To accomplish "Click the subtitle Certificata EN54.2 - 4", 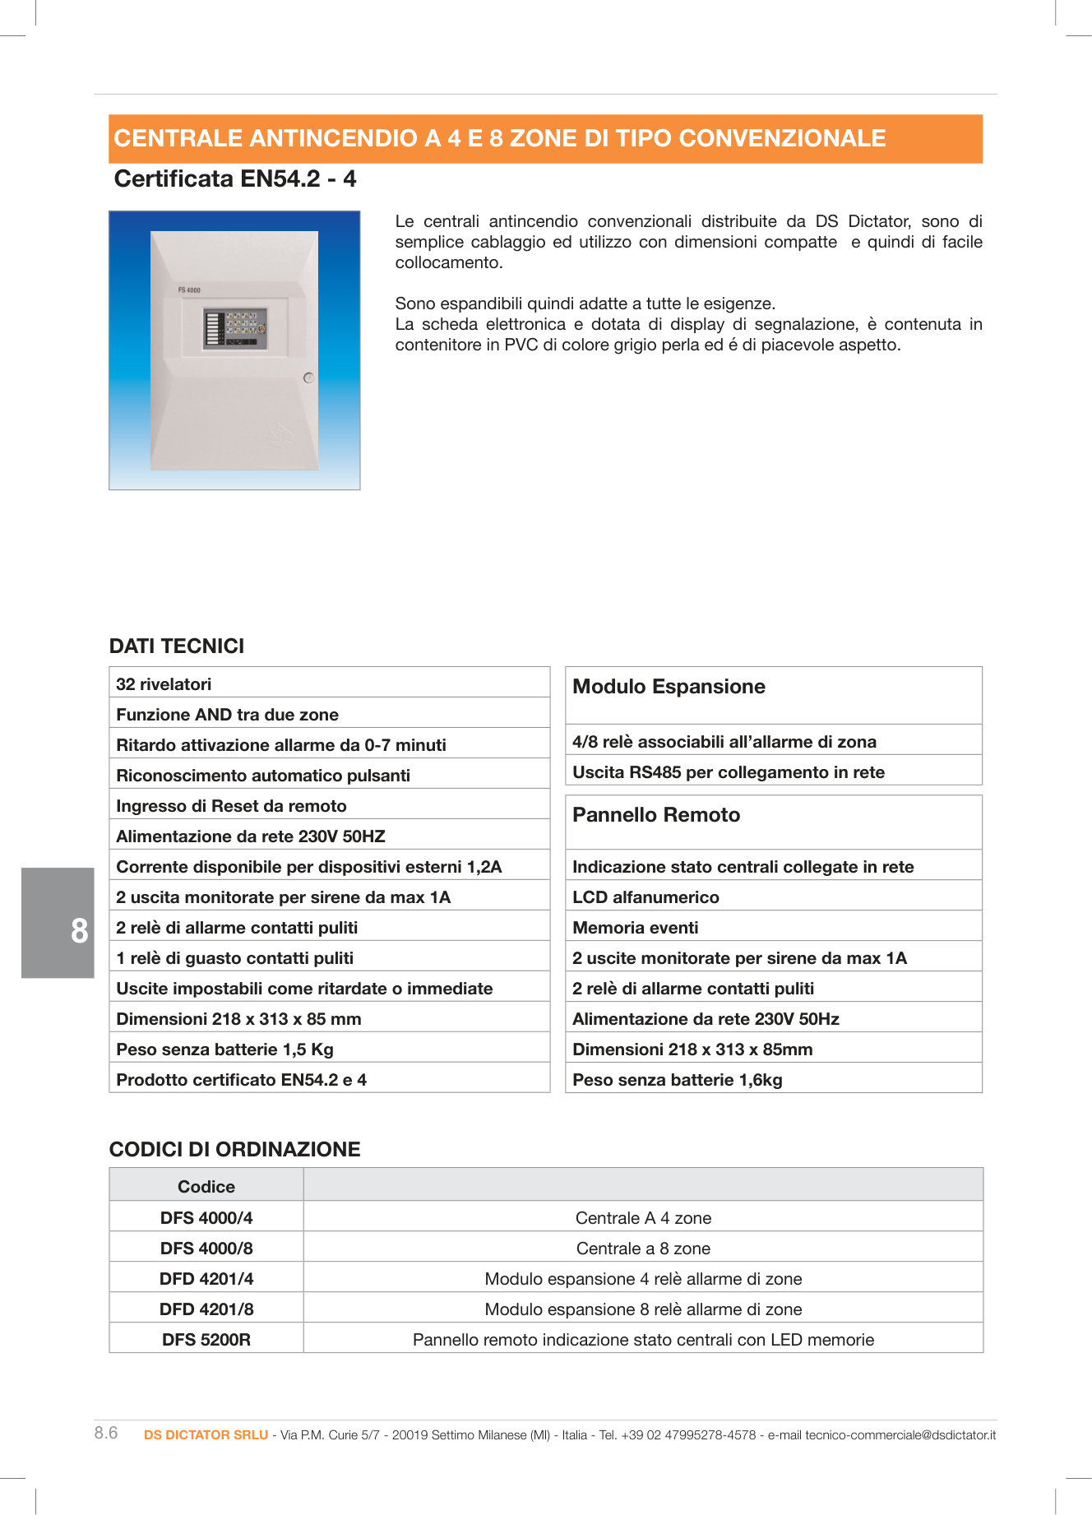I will click(235, 179).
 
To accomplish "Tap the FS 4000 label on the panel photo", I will click(189, 290).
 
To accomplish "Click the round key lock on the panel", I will click(308, 378).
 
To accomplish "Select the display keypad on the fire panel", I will click(236, 328).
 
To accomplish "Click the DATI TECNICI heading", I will click(177, 646).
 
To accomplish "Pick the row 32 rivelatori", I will click(164, 684).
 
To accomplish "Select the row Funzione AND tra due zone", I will click(227, 715).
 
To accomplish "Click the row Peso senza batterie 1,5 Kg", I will click(224, 1049).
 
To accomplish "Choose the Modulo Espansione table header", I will click(669, 687).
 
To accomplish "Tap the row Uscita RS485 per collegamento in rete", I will click(728, 772).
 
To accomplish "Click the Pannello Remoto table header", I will click(656, 815).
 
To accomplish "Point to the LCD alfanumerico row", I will click(645, 897).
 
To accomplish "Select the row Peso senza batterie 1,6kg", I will click(677, 1080).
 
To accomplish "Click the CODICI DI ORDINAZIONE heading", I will click(234, 1150).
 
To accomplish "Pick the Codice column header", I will click(206, 1187).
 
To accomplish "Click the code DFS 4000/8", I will click(206, 1249).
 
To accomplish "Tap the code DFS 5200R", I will click(206, 1340).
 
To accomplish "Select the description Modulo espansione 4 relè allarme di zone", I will click(643, 1279).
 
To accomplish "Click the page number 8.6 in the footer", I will click(106, 1433).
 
